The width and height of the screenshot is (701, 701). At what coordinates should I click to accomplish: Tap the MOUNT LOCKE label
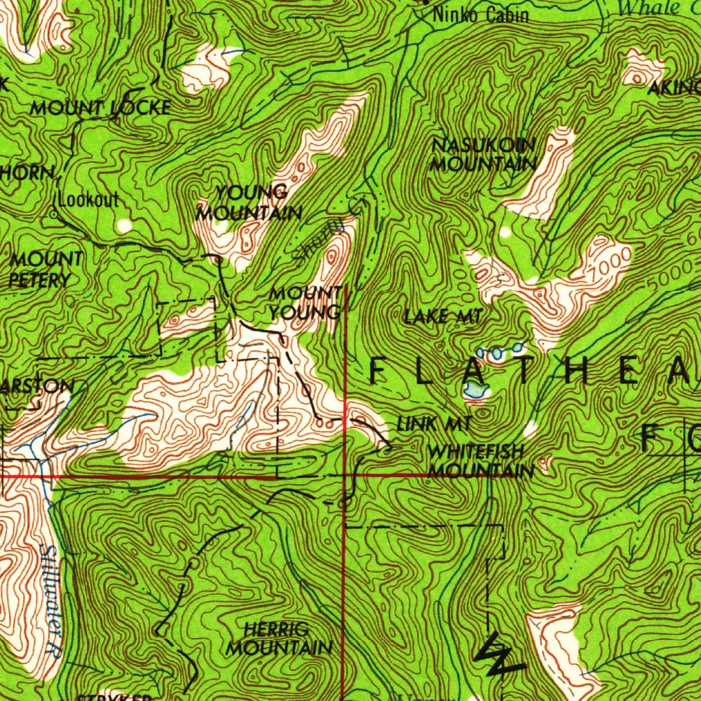click(100, 107)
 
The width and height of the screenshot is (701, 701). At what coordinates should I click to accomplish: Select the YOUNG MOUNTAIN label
click(249, 203)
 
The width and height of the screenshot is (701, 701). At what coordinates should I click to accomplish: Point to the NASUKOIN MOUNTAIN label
click(483, 155)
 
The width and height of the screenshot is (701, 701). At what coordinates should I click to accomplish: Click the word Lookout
click(89, 200)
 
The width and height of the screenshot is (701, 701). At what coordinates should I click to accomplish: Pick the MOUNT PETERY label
click(45, 269)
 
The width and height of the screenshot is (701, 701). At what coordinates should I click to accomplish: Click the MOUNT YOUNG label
click(305, 303)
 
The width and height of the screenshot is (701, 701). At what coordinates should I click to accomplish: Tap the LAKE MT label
click(444, 316)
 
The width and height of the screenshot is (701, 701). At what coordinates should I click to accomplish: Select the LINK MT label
click(433, 424)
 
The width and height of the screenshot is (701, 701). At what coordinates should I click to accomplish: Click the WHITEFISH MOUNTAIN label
click(481, 461)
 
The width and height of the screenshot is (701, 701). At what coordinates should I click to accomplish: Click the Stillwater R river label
click(50, 601)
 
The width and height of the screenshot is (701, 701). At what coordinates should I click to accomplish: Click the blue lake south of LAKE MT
click(475, 390)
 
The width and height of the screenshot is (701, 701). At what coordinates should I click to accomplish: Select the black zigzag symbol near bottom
click(496, 656)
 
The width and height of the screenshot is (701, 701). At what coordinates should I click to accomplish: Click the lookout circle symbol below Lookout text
click(55, 214)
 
